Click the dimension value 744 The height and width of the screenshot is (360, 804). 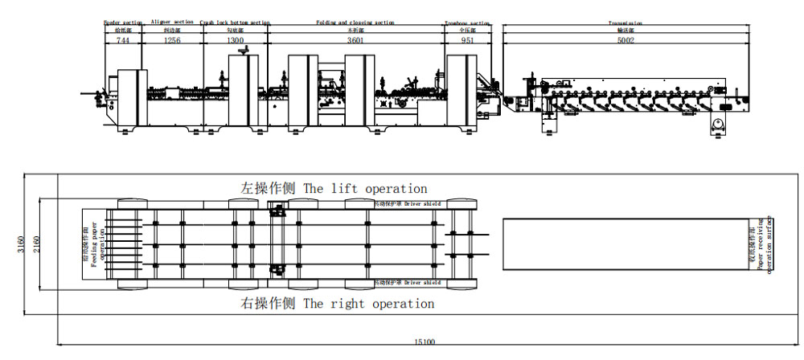pyautogui.click(x=123, y=40)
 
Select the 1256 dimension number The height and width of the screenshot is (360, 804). pyautogui.click(x=172, y=40)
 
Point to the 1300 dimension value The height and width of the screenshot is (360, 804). pyautogui.click(x=234, y=40)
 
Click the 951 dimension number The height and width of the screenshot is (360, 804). pyautogui.click(x=466, y=40)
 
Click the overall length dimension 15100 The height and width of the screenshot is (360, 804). pyautogui.click(x=425, y=342)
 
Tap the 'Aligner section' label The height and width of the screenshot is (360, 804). pyautogui.click(x=172, y=22)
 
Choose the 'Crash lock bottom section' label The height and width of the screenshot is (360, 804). pyautogui.click(x=234, y=23)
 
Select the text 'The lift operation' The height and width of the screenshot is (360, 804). pyautogui.click(x=365, y=189)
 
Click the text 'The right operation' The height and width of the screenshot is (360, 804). pyautogui.click(x=368, y=304)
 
